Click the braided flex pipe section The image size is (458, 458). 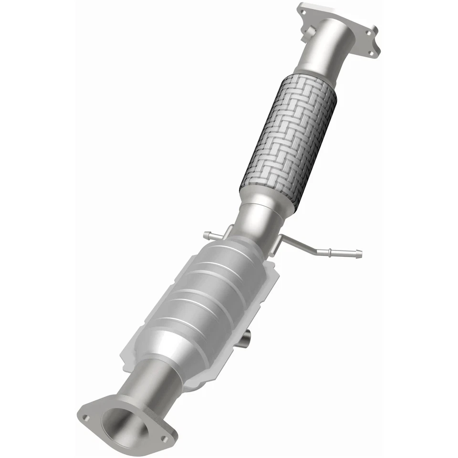[289, 138]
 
